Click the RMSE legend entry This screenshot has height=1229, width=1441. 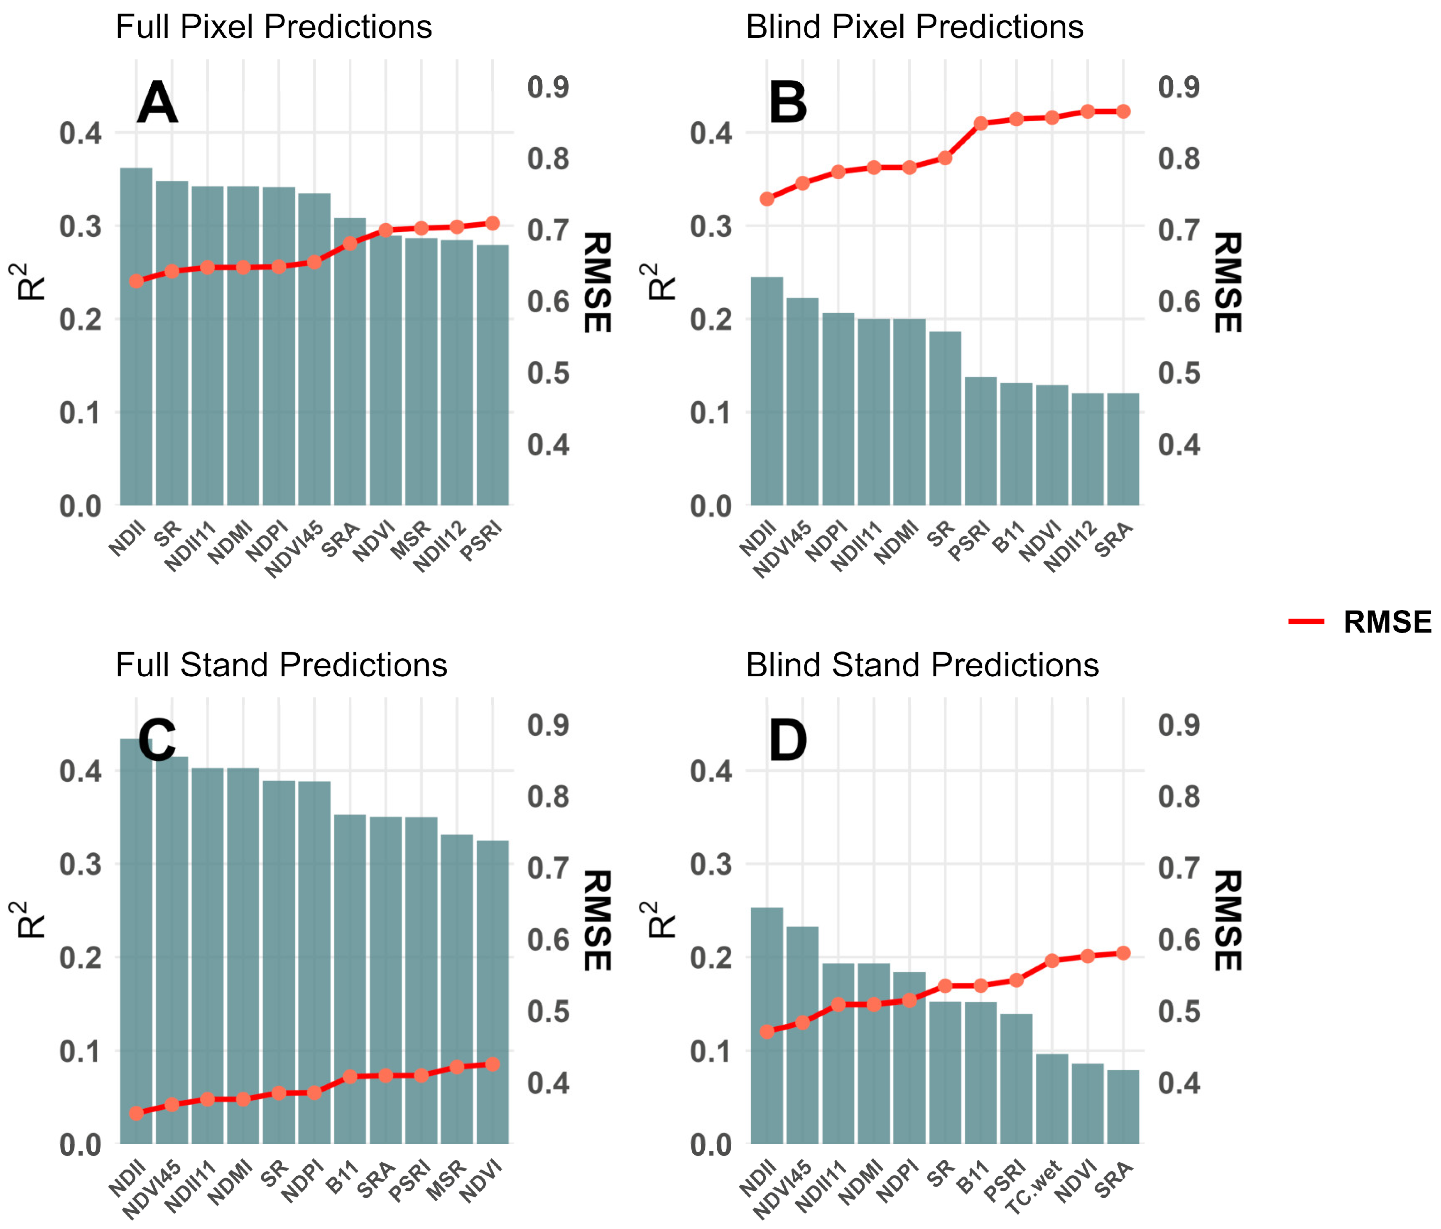point(1360,622)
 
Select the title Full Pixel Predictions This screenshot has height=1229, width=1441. point(273,27)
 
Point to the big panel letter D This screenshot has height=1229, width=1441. point(788,741)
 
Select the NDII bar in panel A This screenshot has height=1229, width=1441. point(136,337)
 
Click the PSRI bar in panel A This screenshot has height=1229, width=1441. point(493,375)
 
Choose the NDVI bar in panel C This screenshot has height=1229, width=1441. point(493,993)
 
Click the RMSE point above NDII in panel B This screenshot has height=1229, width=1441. point(767,199)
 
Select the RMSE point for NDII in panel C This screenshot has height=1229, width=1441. point(136,1114)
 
